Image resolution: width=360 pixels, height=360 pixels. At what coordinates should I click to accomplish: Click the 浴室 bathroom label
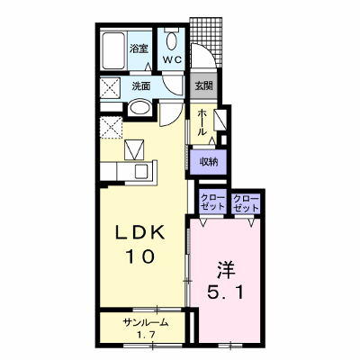coord(139,49)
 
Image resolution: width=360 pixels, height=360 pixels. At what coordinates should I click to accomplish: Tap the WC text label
coord(172,59)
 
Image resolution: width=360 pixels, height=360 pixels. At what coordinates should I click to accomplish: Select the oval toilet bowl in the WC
coord(172,41)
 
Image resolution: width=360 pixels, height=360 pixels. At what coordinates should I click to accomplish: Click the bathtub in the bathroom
coord(113,50)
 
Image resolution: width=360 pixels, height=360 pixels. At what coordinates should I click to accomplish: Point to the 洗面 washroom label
coord(141,86)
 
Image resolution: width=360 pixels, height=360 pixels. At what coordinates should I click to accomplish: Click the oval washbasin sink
coord(139,107)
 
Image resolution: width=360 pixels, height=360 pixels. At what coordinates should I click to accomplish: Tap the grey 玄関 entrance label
coord(204,86)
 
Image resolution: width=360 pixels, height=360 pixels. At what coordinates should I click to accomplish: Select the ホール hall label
coord(202,122)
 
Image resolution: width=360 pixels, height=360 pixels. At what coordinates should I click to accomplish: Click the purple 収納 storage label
coord(209,163)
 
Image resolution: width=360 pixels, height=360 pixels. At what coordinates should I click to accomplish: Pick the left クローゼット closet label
coord(212,202)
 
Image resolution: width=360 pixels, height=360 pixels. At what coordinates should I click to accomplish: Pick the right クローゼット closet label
coord(246,203)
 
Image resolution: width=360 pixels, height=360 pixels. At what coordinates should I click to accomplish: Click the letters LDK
coord(140,232)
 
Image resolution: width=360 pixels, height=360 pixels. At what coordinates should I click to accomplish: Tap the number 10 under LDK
coord(140,256)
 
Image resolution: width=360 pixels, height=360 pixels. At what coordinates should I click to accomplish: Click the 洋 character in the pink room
coord(225,269)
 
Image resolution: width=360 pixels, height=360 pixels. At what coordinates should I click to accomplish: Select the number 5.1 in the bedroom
coord(226,292)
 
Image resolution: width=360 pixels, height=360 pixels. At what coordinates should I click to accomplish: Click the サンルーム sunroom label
coord(146,323)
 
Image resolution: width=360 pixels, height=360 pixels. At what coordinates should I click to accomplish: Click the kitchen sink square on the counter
coord(140,171)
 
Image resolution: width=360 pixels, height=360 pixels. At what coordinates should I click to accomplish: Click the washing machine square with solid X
coord(110,87)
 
